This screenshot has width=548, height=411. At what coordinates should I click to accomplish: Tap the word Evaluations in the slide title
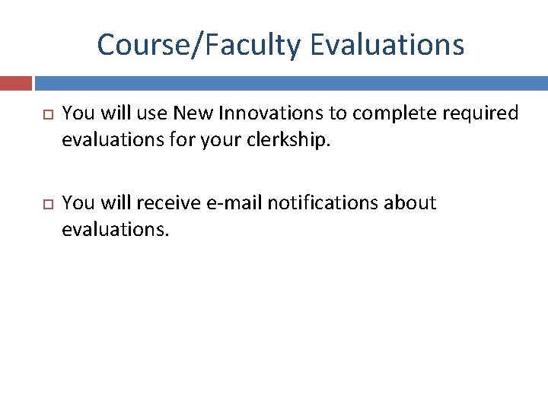pos(387,45)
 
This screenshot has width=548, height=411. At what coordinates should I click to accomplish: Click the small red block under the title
pos(16,83)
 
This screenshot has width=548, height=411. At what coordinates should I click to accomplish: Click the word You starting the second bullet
pos(77,203)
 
